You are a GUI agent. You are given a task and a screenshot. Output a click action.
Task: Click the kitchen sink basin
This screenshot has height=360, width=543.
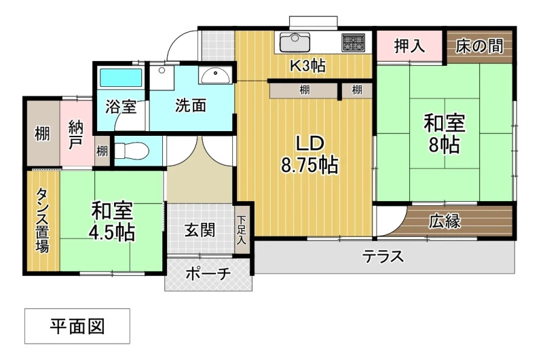[x=295, y=42]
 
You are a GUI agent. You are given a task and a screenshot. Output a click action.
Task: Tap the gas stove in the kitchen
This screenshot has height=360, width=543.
[x=353, y=43]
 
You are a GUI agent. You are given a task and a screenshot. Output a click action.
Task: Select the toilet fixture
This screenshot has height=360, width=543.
[x=132, y=151]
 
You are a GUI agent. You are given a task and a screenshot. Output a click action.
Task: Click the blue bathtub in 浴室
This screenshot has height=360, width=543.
[x=121, y=77]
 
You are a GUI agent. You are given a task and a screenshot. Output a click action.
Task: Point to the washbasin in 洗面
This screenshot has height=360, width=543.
[x=215, y=75]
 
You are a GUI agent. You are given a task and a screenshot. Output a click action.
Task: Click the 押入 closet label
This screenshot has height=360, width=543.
[x=409, y=46]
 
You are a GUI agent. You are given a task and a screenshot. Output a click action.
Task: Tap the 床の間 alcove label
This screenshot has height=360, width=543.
[x=479, y=46]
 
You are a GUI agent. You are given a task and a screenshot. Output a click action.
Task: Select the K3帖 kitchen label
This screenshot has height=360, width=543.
[x=307, y=65]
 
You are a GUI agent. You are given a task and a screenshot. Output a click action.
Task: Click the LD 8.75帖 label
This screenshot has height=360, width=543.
[x=310, y=154]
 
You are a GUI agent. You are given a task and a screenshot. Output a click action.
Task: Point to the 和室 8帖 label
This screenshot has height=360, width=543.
[x=445, y=134]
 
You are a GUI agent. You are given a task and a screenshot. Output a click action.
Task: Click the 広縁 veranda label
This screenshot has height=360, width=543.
[x=445, y=221]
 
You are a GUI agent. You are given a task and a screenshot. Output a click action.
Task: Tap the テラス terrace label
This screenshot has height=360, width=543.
[x=383, y=257]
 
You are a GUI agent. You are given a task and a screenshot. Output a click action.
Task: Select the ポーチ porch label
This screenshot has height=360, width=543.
[x=208, y=274]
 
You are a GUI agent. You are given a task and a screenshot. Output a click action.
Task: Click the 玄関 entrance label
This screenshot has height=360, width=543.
[x=200, y=230]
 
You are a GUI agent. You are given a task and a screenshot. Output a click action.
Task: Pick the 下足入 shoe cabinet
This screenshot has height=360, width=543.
[x=242, y=230]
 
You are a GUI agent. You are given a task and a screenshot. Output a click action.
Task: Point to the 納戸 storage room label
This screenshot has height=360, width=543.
[x=76, y=134]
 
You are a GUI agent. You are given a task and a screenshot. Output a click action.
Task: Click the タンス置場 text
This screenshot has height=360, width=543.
[x=42, y=220]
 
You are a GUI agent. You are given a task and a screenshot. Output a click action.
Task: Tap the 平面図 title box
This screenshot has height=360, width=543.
[x=77, y=326]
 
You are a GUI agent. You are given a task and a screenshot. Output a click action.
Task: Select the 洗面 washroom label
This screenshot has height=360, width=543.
[x=191, y=106]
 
